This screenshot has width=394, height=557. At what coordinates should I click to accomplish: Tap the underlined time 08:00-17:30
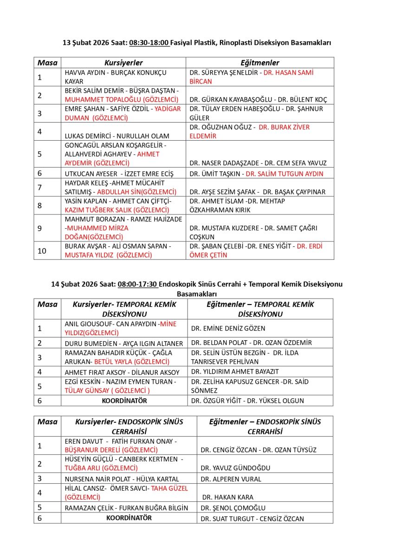[x=137, y=284]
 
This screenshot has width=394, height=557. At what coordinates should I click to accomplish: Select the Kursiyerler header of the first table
[x=123, y=63]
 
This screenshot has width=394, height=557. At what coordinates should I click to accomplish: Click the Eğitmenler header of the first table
[x=259, y=63]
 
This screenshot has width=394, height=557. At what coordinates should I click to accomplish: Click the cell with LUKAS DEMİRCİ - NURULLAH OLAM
[x=117, y=136]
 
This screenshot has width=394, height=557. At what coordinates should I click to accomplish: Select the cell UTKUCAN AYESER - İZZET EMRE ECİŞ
[x=119, y=174]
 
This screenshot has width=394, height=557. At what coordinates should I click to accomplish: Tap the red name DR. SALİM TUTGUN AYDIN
[x=284, y=174]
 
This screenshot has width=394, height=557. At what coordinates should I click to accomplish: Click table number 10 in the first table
[x=42, y=251]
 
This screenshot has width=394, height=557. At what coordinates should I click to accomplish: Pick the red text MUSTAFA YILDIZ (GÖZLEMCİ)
[x=109, y=255]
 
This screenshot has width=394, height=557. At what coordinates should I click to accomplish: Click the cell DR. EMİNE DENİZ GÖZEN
[x=228, y=328]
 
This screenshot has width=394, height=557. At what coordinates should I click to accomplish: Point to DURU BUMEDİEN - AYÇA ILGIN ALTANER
[x=124, y=343]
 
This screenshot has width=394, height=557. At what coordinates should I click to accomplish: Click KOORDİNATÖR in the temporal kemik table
[x=124, y=401]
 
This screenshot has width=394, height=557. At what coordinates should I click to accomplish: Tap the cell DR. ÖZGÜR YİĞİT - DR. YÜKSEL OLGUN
[x=247, y=401]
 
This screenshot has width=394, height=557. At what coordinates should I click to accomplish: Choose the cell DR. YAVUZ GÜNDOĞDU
[x=235, y=468]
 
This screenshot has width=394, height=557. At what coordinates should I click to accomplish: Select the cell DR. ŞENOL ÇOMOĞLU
[x=233, y=508]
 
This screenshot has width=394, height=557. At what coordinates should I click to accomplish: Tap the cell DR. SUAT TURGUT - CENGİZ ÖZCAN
[x=252, y=518]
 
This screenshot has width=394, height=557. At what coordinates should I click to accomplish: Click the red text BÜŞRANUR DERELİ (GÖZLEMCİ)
[x=111, y=450]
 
